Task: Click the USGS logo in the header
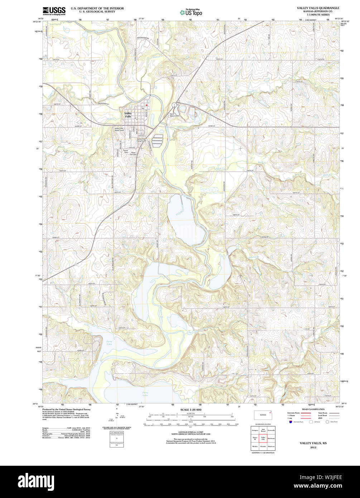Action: tap(54, 11)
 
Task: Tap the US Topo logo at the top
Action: tap(191, 12)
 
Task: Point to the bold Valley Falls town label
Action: tap(128, 115)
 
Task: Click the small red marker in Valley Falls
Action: tap(147, 105)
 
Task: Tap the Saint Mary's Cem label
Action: tap(174, 115)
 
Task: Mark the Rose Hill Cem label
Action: tap(133, 153)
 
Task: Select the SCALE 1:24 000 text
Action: tap(191, 410)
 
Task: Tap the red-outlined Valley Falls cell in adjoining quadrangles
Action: tap(263, 438)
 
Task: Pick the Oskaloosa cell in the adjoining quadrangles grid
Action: tap(271, 446)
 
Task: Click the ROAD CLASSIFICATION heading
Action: tap(313, 409)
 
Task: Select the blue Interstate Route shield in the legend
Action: tap(290, 422)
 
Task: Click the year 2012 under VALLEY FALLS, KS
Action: tap(313, 447)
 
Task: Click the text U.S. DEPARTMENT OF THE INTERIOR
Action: tap(97, 8)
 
